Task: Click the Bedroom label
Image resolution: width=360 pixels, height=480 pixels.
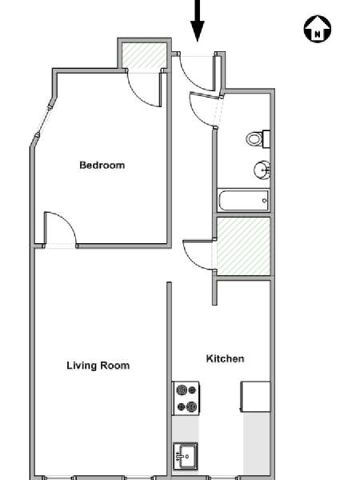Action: click(102, 166)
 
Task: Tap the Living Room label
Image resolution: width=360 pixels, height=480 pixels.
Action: click(98, 366)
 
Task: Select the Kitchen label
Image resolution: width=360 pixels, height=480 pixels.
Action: click(225, 358)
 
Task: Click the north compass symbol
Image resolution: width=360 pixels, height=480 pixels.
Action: click(318, 29)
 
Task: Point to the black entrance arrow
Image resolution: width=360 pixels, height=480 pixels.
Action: click(198, 21)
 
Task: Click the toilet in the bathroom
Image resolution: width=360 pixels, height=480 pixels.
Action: click(258, 139)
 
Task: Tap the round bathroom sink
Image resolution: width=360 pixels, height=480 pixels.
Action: click(262, 170)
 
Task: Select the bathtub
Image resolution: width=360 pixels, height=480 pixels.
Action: click(243, 201)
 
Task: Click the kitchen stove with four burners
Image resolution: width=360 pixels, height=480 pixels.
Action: click(186, 398)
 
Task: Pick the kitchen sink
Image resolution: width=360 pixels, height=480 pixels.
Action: click(186, 457)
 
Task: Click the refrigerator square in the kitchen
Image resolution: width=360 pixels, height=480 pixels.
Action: click(256, 397)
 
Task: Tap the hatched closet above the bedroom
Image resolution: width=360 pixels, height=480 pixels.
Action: click(144, 56)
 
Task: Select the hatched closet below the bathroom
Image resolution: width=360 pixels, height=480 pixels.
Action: click(243, 246)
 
